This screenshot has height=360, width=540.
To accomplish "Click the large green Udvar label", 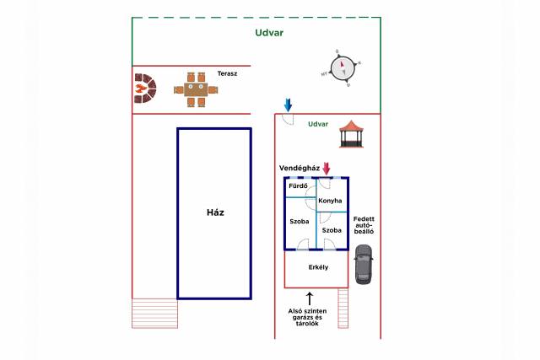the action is point(269,33).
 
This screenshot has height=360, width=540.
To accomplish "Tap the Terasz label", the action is point(227,73).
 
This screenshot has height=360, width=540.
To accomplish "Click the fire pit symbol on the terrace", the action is point(145,89).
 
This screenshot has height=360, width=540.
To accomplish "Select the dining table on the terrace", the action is point(196,89).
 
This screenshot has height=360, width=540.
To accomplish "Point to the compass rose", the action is point(343,68).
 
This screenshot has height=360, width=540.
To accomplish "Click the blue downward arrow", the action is point(288,105).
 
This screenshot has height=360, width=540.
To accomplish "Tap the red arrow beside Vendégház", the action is point(327,169).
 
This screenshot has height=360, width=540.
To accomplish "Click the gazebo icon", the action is point(351,134).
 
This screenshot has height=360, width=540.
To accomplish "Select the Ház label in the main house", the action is point(215,212).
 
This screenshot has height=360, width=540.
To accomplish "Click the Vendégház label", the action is point(300,169).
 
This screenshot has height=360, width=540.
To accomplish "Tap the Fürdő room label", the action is point(298,186).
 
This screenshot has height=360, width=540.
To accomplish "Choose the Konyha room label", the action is point(330,201).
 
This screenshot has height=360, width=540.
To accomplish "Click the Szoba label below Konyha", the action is point(332,230).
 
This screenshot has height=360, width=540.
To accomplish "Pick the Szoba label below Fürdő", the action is point(300,221).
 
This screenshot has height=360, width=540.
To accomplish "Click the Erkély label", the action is point(319,267).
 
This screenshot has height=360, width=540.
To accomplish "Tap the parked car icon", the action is point(364,265).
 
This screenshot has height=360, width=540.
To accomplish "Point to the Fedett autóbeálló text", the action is point(364,225).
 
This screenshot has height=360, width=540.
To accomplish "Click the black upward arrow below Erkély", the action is point(310,298).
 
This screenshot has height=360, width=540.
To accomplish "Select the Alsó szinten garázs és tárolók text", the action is point(307,317).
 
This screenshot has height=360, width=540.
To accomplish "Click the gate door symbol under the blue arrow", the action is point(288,119).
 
